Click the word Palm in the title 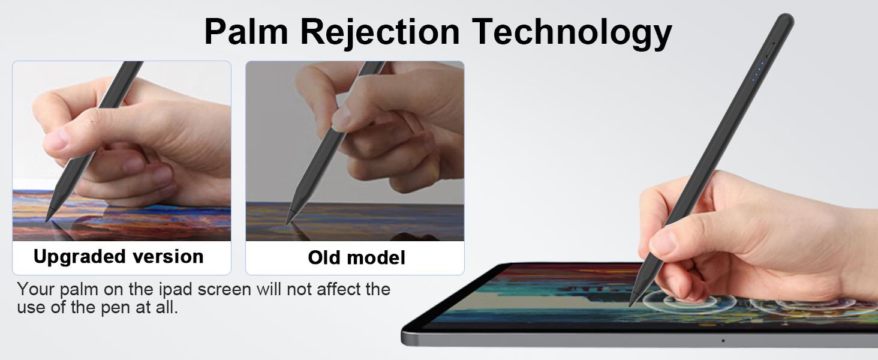[x=246, y=32]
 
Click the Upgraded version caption [x=119, y=257]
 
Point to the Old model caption [x=356, y=258]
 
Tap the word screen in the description [x=214, y=289]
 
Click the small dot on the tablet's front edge [x=723, y=341]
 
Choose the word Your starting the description [x=37, y=289]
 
